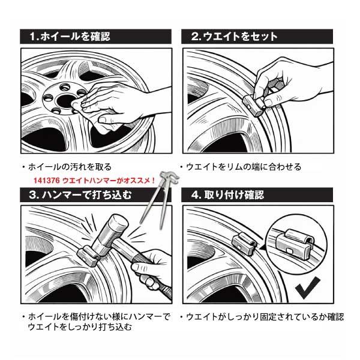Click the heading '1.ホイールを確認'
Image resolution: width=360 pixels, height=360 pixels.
pyautogui.click(x=70, y=37)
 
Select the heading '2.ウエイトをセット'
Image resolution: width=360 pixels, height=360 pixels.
pyautogui.click(x=235, y=37)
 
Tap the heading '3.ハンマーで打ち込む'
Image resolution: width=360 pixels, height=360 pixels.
pyautogui.click(x=80, y=195)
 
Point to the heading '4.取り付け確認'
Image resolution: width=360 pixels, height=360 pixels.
pyautogui.click(x=227, y=195)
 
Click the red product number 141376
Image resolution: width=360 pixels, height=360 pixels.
pyautogui.click(x=47, y=181)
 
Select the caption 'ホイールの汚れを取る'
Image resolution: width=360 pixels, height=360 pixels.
pyautogui.click(x=70, y=167)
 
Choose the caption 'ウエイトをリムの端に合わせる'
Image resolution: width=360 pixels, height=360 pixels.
pyautogui.click(x=244, y=167)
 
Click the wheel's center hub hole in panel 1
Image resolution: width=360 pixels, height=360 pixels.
pyautogui.click(x=65, y=101)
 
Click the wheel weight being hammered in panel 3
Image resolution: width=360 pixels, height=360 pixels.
pyautogui.click(x=88, y=256)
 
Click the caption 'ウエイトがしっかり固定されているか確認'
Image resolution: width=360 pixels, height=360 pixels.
pyautogui.click(x=265, y=317)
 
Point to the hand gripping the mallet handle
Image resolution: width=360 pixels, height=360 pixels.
pyautogui.click(x=152, y=270)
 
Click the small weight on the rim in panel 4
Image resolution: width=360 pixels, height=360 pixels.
pyautogui.click(x=244, y=242)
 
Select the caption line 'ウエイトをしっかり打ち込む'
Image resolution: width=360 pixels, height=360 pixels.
pyautogui.click(x=80, y=327)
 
